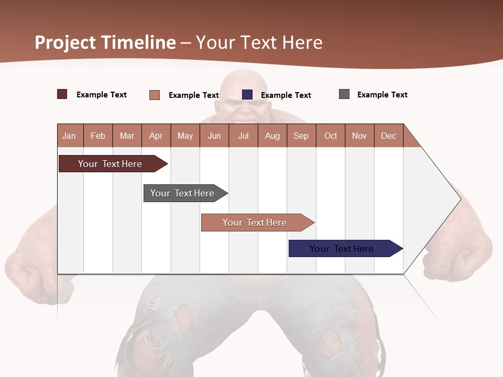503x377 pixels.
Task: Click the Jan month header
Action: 70,136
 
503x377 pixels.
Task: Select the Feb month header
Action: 98,136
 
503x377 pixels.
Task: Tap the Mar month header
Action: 127,136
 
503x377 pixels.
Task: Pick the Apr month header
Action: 156,136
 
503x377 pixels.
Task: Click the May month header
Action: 185,136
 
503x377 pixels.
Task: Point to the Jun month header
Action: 214,136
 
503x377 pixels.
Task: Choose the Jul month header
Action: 243,136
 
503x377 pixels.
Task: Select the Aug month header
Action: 272,136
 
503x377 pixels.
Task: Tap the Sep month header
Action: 301,136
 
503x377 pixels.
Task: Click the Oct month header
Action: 331,136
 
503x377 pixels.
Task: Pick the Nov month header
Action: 359,136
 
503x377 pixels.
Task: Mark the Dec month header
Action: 389,136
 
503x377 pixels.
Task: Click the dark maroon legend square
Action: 62,94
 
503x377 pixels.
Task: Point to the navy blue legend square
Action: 247,95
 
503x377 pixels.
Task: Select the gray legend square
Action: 344,94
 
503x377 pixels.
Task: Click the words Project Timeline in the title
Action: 105,42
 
